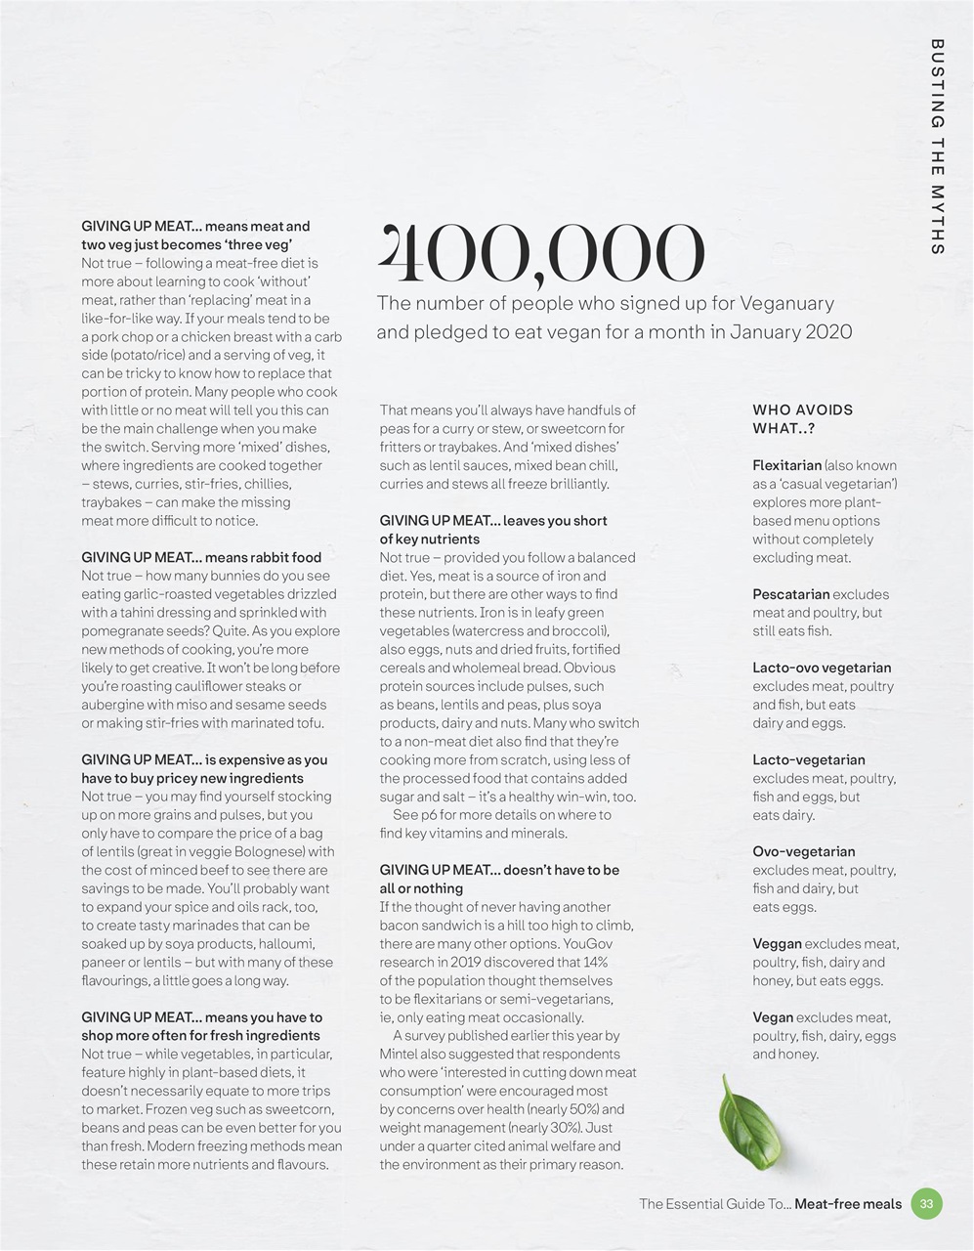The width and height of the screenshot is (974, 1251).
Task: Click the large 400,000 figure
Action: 540,251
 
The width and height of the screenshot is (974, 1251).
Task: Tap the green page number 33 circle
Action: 926,1203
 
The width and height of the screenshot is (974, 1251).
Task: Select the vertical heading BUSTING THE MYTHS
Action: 937,147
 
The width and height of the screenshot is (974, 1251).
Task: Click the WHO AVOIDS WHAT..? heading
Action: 802,419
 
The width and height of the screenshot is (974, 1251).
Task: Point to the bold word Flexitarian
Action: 786,465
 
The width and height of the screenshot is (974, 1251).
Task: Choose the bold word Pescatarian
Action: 790,594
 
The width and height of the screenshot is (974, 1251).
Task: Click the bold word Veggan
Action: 777,943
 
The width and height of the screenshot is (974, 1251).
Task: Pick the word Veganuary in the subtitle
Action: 787,304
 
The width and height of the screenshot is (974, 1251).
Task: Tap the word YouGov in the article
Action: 586,943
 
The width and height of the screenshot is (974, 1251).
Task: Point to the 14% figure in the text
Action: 594,962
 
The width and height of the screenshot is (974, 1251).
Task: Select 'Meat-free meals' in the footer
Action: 848,1203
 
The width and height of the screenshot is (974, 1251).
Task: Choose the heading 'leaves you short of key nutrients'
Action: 493,530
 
